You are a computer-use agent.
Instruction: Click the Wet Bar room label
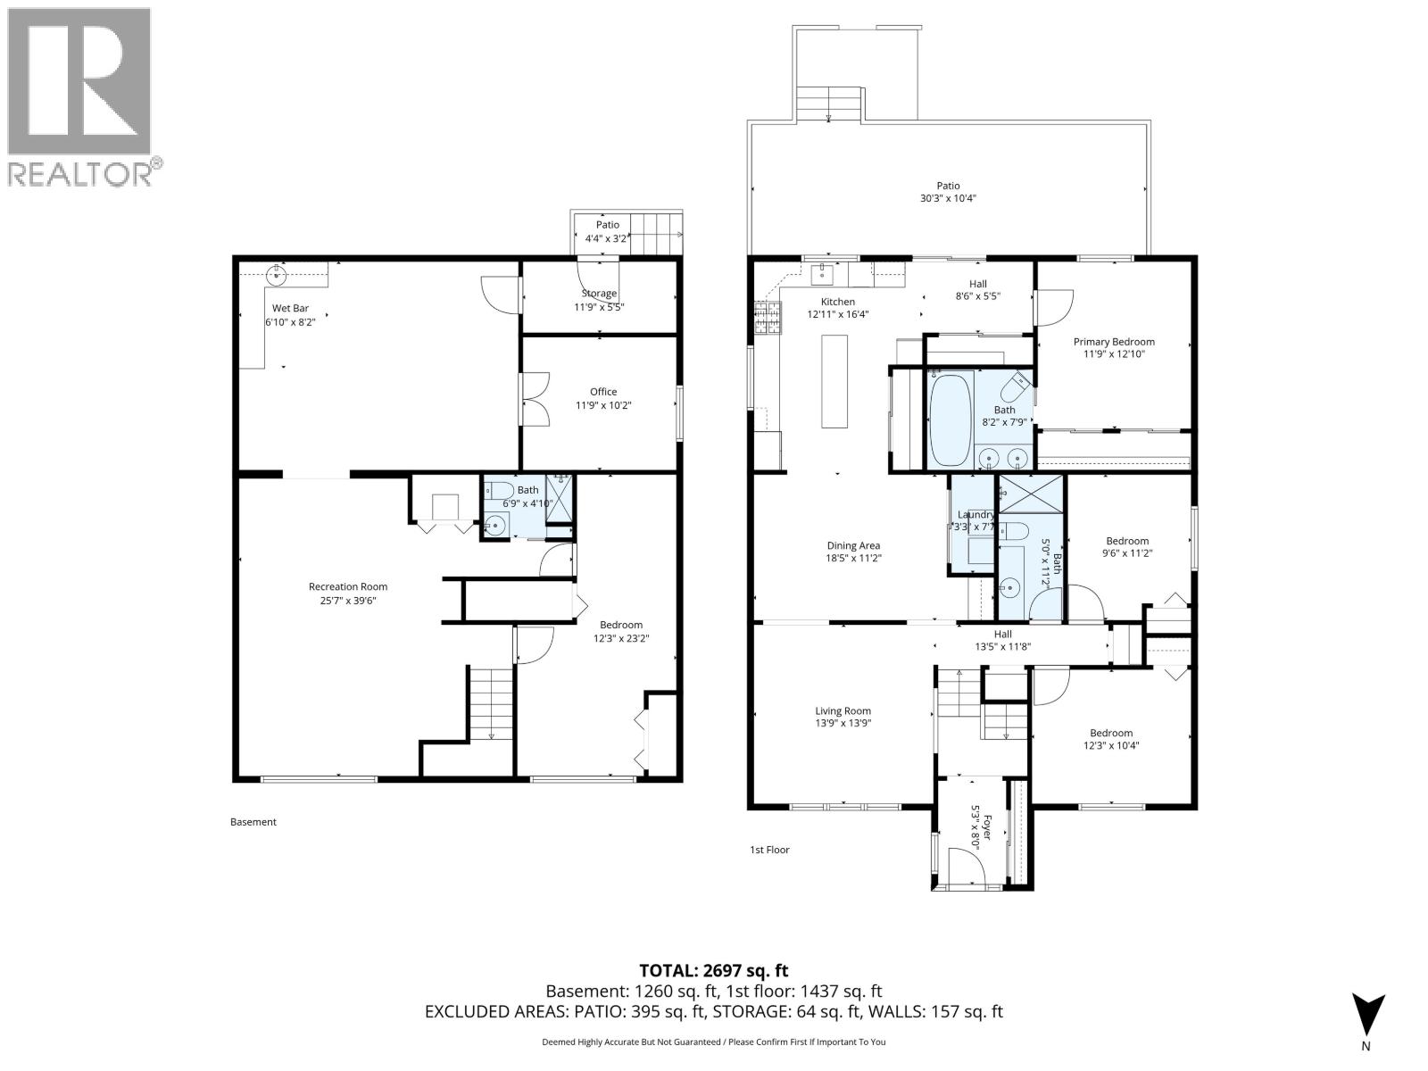[290, 308]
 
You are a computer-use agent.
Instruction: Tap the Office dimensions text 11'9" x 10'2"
[603, 405]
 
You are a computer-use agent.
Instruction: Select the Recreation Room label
[348, 586]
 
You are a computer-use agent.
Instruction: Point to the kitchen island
[834, 381]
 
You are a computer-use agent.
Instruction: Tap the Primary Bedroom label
[1113, 342]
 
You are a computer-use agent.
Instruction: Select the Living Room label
[843, 711]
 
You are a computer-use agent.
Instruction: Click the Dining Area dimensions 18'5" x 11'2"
[853, 559]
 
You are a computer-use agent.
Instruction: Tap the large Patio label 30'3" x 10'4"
[948, 199]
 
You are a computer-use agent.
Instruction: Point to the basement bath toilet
[497, 491]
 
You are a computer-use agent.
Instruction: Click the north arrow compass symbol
[1366, 1015]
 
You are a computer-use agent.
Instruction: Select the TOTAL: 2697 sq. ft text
[713, 970]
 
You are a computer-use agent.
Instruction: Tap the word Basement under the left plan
[253, 822]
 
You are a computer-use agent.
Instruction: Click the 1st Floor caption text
[769, 850]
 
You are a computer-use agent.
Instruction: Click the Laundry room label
[976, 515]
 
